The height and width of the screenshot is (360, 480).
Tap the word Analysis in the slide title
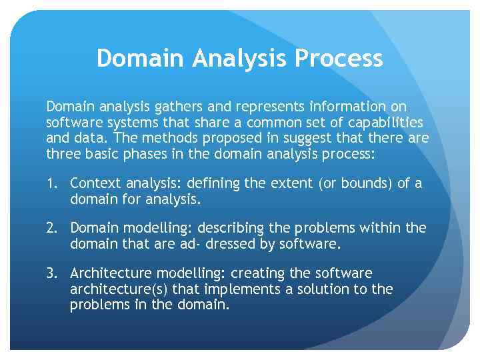coord(241,59)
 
